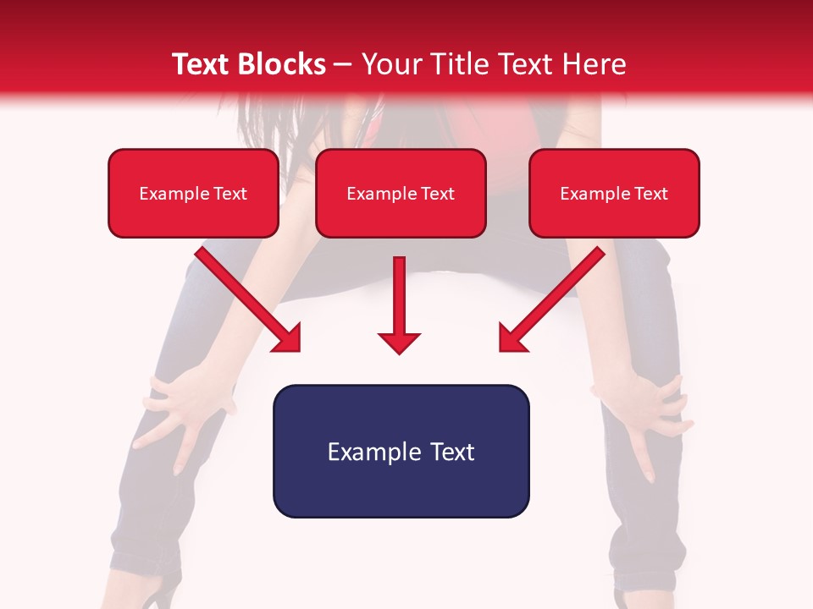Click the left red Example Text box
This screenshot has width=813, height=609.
pos(193,193)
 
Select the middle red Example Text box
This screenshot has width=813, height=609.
pos(401,193)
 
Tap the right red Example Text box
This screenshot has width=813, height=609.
pos(614,193)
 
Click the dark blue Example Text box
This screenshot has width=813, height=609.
pos(401,451)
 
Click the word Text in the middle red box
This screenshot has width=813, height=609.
pos(438,194)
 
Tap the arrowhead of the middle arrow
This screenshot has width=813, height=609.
pos(399,342)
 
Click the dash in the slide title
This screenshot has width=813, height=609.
pos(343,65)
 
